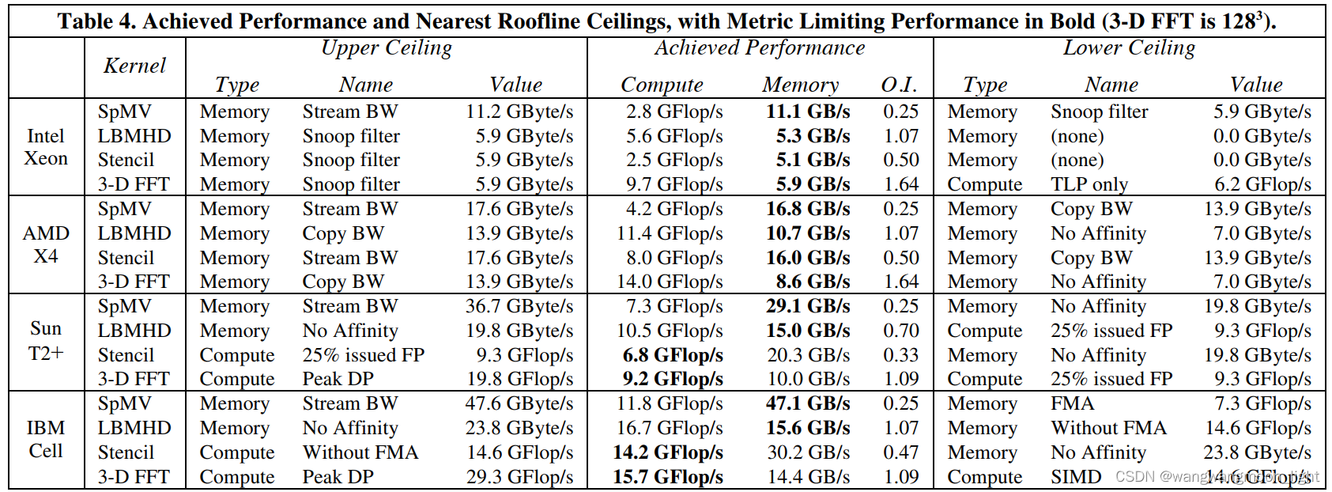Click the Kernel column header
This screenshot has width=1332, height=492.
pos(134,66)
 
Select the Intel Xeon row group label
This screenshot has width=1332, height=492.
pos(46,147)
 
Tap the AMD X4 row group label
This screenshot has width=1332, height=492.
pos(46,244)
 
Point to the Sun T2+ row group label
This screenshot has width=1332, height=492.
pos(46,341)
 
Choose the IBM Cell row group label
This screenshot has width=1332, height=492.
pos(46,439)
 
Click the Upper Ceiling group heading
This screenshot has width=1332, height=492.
pos(387,48)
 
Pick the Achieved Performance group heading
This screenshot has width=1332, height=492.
pos(759,48)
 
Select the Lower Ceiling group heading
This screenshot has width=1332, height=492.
pos(1129,48)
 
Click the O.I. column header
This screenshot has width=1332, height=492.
pos(899,85)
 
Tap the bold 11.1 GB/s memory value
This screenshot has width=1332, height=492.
pos(808,112)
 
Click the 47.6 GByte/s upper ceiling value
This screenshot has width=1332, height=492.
pos(519,403)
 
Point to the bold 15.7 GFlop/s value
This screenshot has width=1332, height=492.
pos(668,477)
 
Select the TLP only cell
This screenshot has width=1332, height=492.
pos(1089,184)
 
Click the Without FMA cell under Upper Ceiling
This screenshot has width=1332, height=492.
pos(360,452)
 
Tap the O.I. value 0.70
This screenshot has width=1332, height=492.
pos(901,331)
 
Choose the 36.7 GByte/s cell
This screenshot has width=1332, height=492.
pos(519,306)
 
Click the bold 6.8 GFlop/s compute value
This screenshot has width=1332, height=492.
pos(673,355)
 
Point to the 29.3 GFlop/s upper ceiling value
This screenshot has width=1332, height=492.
pos(519,477)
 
